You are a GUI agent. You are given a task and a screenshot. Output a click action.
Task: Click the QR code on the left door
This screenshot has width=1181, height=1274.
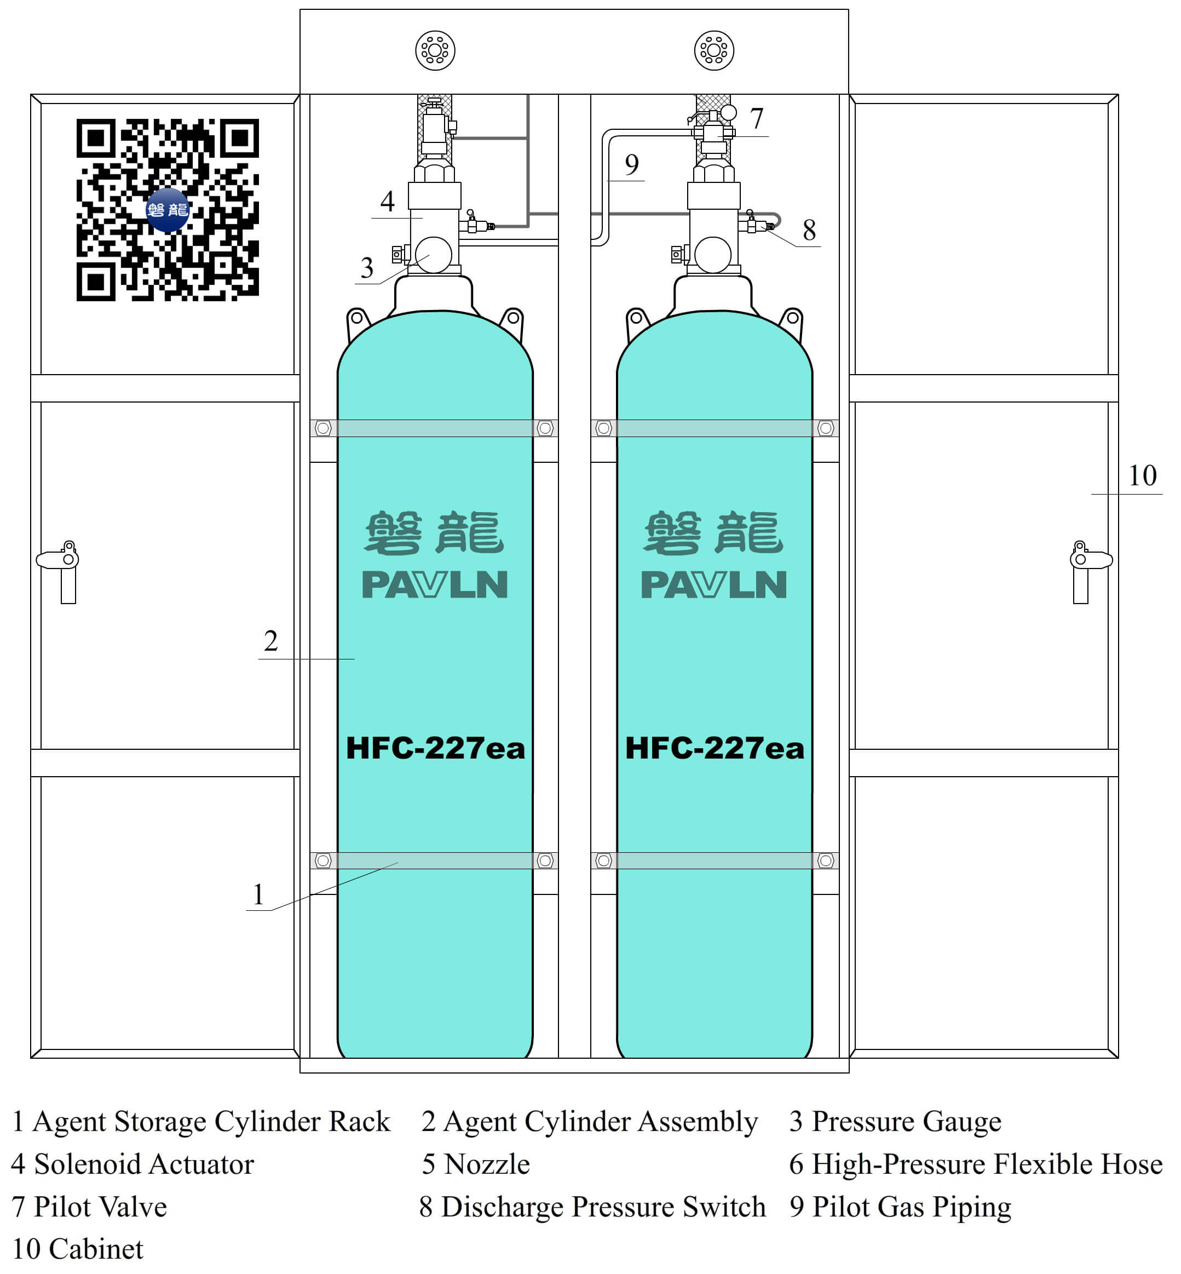pos(168,210)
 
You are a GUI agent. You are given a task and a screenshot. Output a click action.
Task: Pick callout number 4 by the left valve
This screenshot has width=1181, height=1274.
pos(387,202)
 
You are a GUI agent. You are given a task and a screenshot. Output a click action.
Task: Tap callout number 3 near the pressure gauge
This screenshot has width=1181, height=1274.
pos(367,268)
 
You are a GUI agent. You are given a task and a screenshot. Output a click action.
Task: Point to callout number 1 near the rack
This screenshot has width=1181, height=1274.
pos(258,894)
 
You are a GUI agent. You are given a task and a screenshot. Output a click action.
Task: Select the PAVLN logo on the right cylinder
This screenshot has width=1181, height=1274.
pos(714,585)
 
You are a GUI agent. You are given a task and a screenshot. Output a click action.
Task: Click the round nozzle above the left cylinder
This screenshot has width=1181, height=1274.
pos(435,50)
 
